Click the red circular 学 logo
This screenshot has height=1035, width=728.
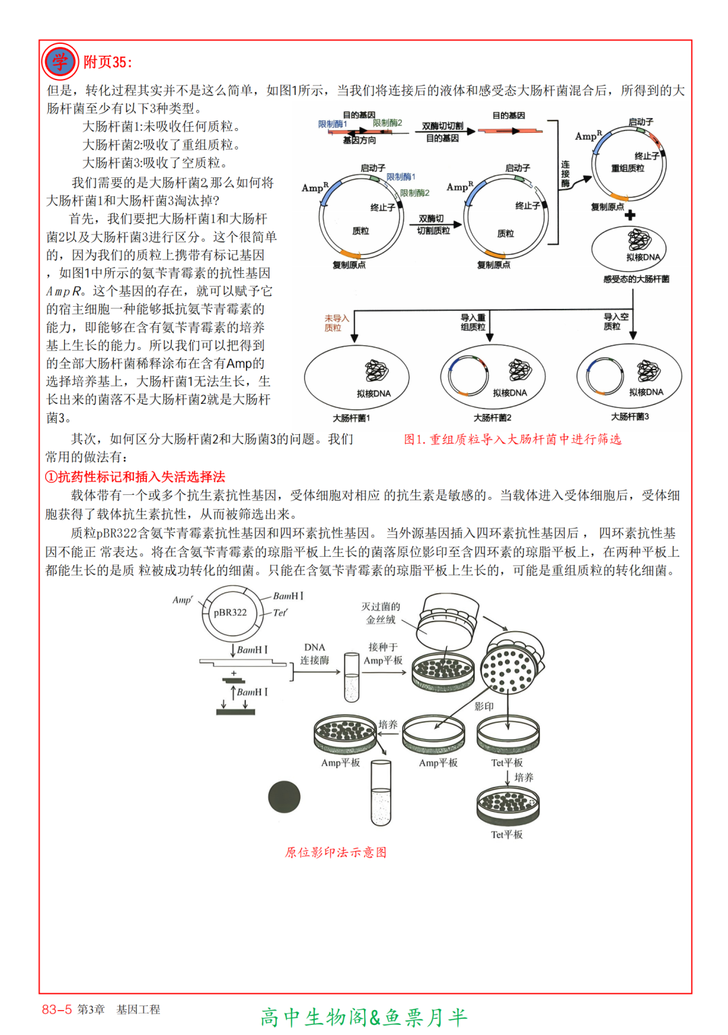coord(60,61)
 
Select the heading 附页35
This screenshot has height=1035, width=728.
coord(107,63)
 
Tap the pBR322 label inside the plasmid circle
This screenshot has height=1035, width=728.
coord(230,612)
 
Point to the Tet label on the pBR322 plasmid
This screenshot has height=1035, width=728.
coord(280,612)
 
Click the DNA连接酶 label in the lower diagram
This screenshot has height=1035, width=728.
coord(315,653)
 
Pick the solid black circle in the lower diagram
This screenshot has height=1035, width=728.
coord(284,797)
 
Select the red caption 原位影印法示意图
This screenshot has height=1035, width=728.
coord(336,852)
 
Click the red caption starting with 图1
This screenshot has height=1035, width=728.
coord(512,440)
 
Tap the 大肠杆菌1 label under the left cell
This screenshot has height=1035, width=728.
coord(351,418)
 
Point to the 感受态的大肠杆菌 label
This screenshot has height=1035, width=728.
coord(636,279)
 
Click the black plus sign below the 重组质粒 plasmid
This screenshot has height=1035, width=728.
coord(630,215)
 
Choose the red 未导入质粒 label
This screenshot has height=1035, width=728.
coord(336,323)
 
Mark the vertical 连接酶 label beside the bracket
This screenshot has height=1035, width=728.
coord(565,174)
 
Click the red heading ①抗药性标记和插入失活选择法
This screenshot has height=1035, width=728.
coord(135,477)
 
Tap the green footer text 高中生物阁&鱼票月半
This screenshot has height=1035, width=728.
coord(364,1017)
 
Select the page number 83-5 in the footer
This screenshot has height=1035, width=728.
coord(57,1009)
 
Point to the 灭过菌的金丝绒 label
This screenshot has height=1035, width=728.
coord(380,613)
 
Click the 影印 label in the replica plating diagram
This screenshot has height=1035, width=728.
coord(484,706)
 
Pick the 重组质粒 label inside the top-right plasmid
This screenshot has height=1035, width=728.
coord(628,168)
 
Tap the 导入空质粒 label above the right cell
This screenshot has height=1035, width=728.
coord(615,322)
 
